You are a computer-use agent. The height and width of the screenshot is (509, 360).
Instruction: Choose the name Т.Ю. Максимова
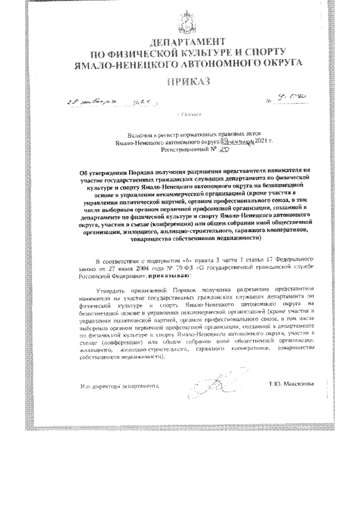tap(292, 385)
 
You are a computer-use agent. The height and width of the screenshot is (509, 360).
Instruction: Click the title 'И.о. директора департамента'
tap(119, 386)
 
